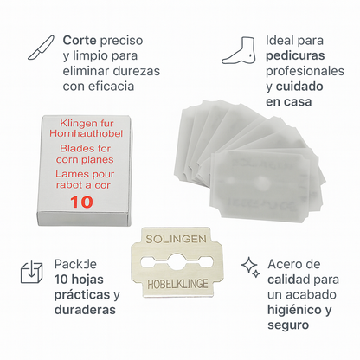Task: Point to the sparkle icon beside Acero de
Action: pyautogui.click(x=249, y=265)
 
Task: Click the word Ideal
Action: pyautogui.click(x=282, y=40)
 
